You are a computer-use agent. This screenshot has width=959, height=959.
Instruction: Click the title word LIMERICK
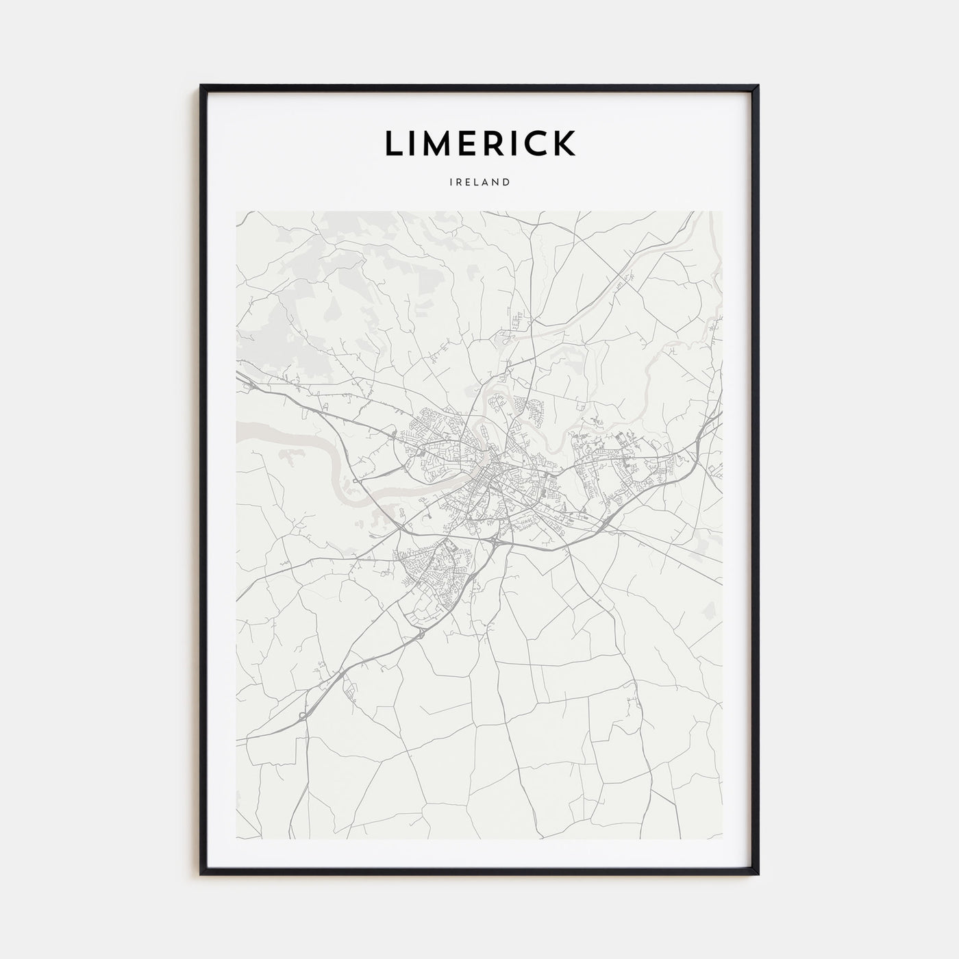480,143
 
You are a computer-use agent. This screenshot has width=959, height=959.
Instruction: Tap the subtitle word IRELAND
480,183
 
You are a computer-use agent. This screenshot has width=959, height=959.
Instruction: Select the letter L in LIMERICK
395,143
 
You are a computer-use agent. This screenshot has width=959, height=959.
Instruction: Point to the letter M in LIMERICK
438,143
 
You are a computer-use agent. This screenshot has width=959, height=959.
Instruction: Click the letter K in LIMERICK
564,143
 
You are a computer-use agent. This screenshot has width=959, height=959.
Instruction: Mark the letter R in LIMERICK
498,143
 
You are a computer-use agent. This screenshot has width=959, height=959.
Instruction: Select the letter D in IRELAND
506,183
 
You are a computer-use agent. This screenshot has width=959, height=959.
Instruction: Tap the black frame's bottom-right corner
758,873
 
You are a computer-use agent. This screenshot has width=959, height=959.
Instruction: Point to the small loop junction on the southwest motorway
302,716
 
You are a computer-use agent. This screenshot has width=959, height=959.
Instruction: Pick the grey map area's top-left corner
236,212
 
